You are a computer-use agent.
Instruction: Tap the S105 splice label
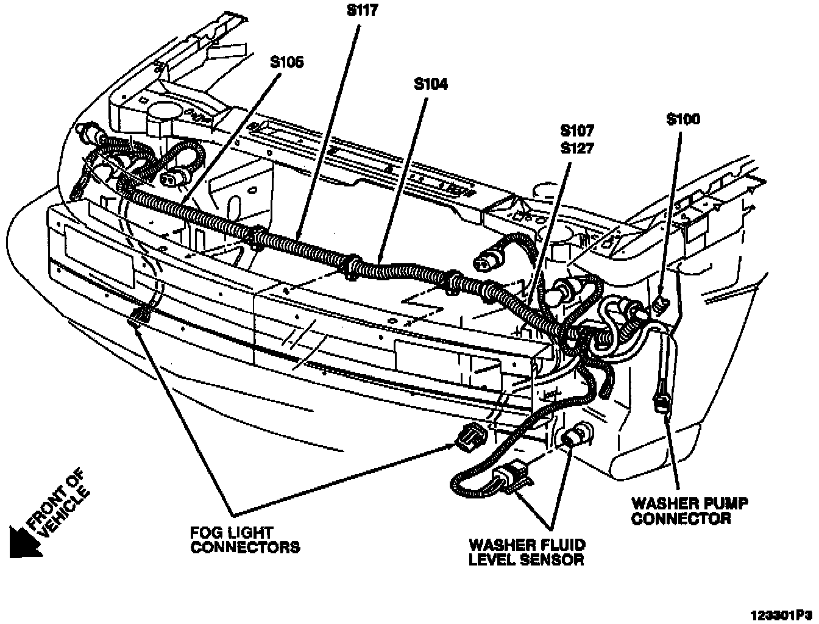point(287,62)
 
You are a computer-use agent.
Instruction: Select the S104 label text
point(430,85)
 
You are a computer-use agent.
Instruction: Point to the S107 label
point(576,130)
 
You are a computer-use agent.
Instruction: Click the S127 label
point(576,147)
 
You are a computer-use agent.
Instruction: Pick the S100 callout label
point(682,119)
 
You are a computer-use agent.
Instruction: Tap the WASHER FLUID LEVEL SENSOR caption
point(526,552)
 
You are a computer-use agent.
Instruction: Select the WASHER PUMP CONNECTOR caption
point(689,511)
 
